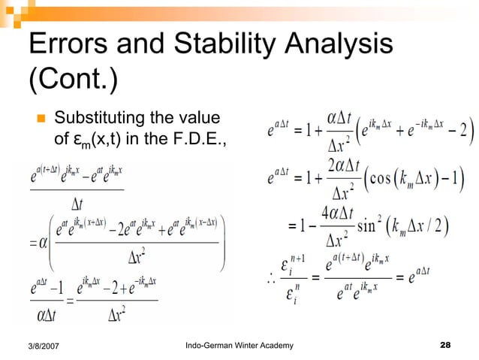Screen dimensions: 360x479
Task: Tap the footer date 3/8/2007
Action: click(47, 345)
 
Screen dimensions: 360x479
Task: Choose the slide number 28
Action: click(445, 345)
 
